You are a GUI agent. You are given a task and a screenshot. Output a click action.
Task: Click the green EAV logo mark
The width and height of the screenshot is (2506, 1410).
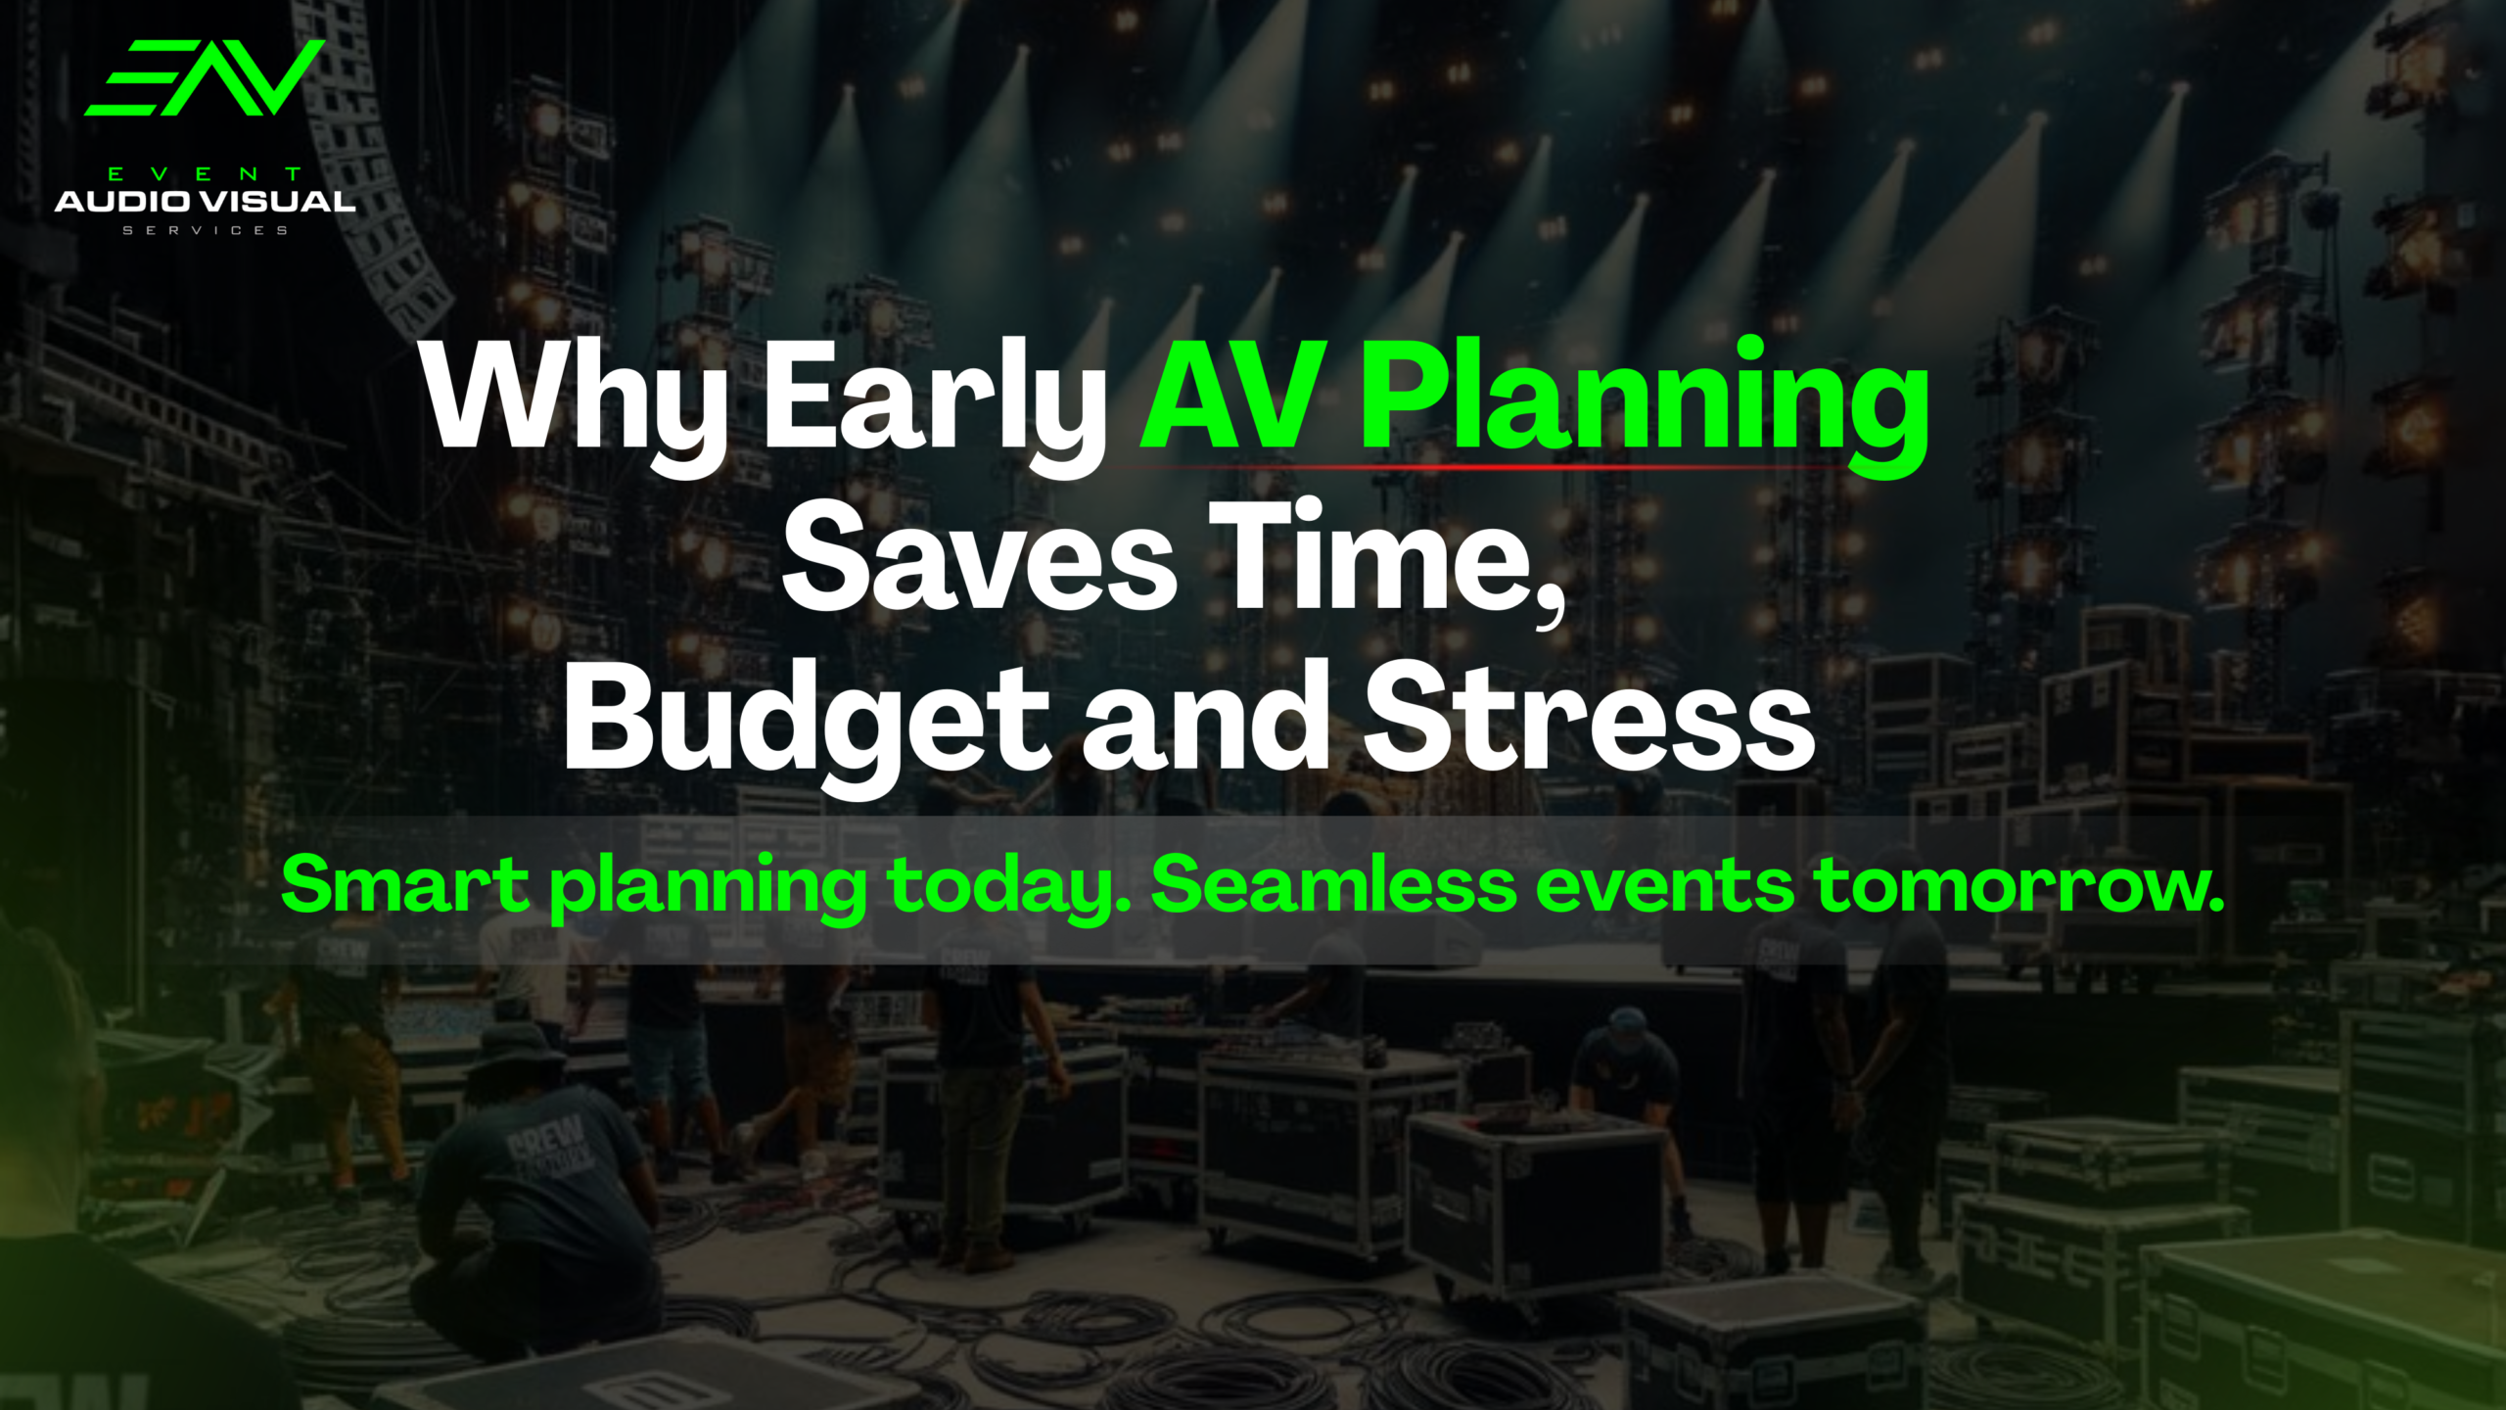click(x=204, y=77)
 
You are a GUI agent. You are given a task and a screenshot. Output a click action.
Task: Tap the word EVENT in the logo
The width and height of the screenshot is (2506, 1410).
click(x=205, y=174)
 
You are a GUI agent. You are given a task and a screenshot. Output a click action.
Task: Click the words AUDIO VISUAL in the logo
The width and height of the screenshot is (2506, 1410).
click(x=205, y=202)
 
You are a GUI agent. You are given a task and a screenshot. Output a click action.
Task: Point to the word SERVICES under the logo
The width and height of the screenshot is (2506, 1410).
click(x=205, y=230)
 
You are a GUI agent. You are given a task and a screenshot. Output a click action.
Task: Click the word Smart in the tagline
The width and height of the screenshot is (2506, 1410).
click(x=404, y=884)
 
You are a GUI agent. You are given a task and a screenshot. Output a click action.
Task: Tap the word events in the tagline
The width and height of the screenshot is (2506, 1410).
click(x=1665, y=887)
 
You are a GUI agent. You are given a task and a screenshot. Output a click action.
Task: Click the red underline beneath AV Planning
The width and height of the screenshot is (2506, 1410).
click(x=1478, y=467)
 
